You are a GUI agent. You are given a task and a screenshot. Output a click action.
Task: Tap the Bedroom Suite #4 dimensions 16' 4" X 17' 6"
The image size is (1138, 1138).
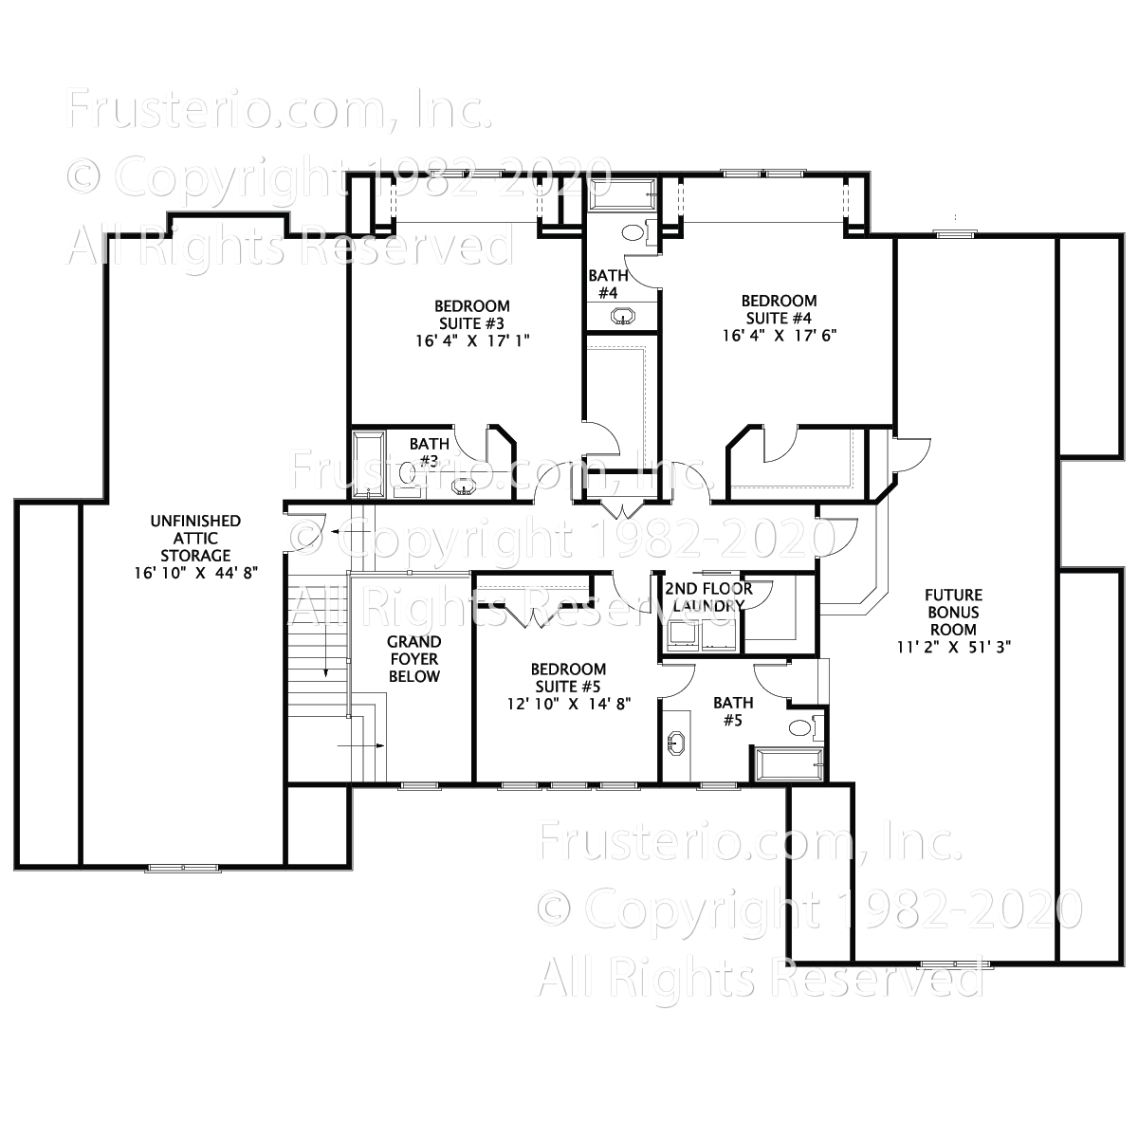pyautogui.click(x=778, y=335)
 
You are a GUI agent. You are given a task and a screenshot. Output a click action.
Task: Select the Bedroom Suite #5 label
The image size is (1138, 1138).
pyautogui.click(x=568, y=677)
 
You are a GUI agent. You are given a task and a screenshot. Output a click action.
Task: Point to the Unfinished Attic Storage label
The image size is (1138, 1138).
pyautogui.click(x=195, y=538)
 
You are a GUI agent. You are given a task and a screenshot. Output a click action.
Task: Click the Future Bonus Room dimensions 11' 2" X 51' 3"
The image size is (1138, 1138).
pyautogui.click(x=954, y=646)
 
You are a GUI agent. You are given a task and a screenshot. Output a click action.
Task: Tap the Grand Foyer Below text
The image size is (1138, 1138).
pyautogui.click(x=413, y=659)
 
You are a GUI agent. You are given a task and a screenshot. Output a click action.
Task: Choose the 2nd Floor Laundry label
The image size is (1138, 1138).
pyautogui.click(x=708, y=597)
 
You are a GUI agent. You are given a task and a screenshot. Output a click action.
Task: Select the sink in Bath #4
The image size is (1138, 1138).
pyautogui.click(x=623, y=316)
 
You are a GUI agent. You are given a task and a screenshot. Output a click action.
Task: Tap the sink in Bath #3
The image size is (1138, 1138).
pyautogui.click(x=464, y=486)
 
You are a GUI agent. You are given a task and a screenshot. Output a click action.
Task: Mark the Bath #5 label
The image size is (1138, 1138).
pyautogui.click(x=733, y=711)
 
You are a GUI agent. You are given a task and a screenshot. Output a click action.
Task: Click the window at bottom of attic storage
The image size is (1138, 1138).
pyautogui.click(x=182, y=868)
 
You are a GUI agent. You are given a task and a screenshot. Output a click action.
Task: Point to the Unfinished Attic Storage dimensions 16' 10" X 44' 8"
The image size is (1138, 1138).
pyautogui.click(x=195, y=572)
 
